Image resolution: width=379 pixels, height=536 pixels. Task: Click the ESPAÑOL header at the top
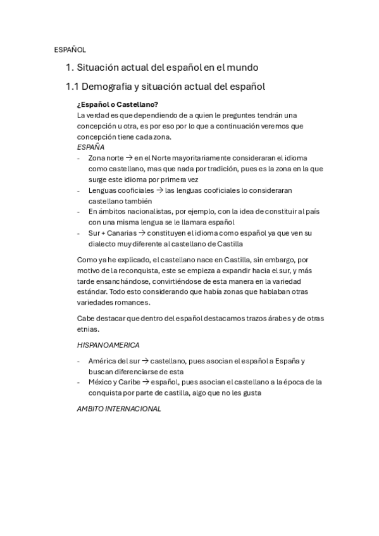click(70, 49)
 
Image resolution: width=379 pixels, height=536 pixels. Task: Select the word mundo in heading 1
click(242, 67)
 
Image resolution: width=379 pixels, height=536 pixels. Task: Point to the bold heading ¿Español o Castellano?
click(117, 104)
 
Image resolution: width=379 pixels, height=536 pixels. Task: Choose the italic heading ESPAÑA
click(90, 147)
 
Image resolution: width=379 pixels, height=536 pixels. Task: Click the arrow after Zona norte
click(129, 158)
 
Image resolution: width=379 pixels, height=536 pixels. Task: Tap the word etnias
click(88, 329)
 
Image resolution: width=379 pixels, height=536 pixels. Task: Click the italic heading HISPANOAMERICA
click(108, 345)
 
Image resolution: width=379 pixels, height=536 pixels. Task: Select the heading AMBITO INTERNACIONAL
click(119, 409)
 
